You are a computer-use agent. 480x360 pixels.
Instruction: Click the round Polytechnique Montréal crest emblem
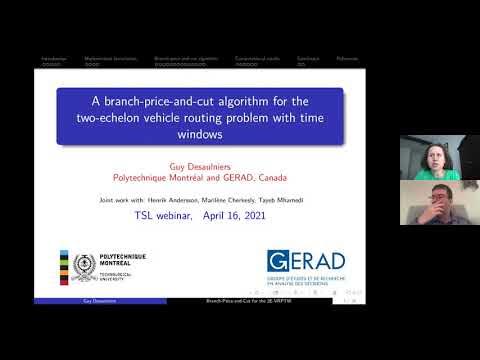coord(84,268)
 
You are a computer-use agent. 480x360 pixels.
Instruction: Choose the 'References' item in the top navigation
coord(346,59)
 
